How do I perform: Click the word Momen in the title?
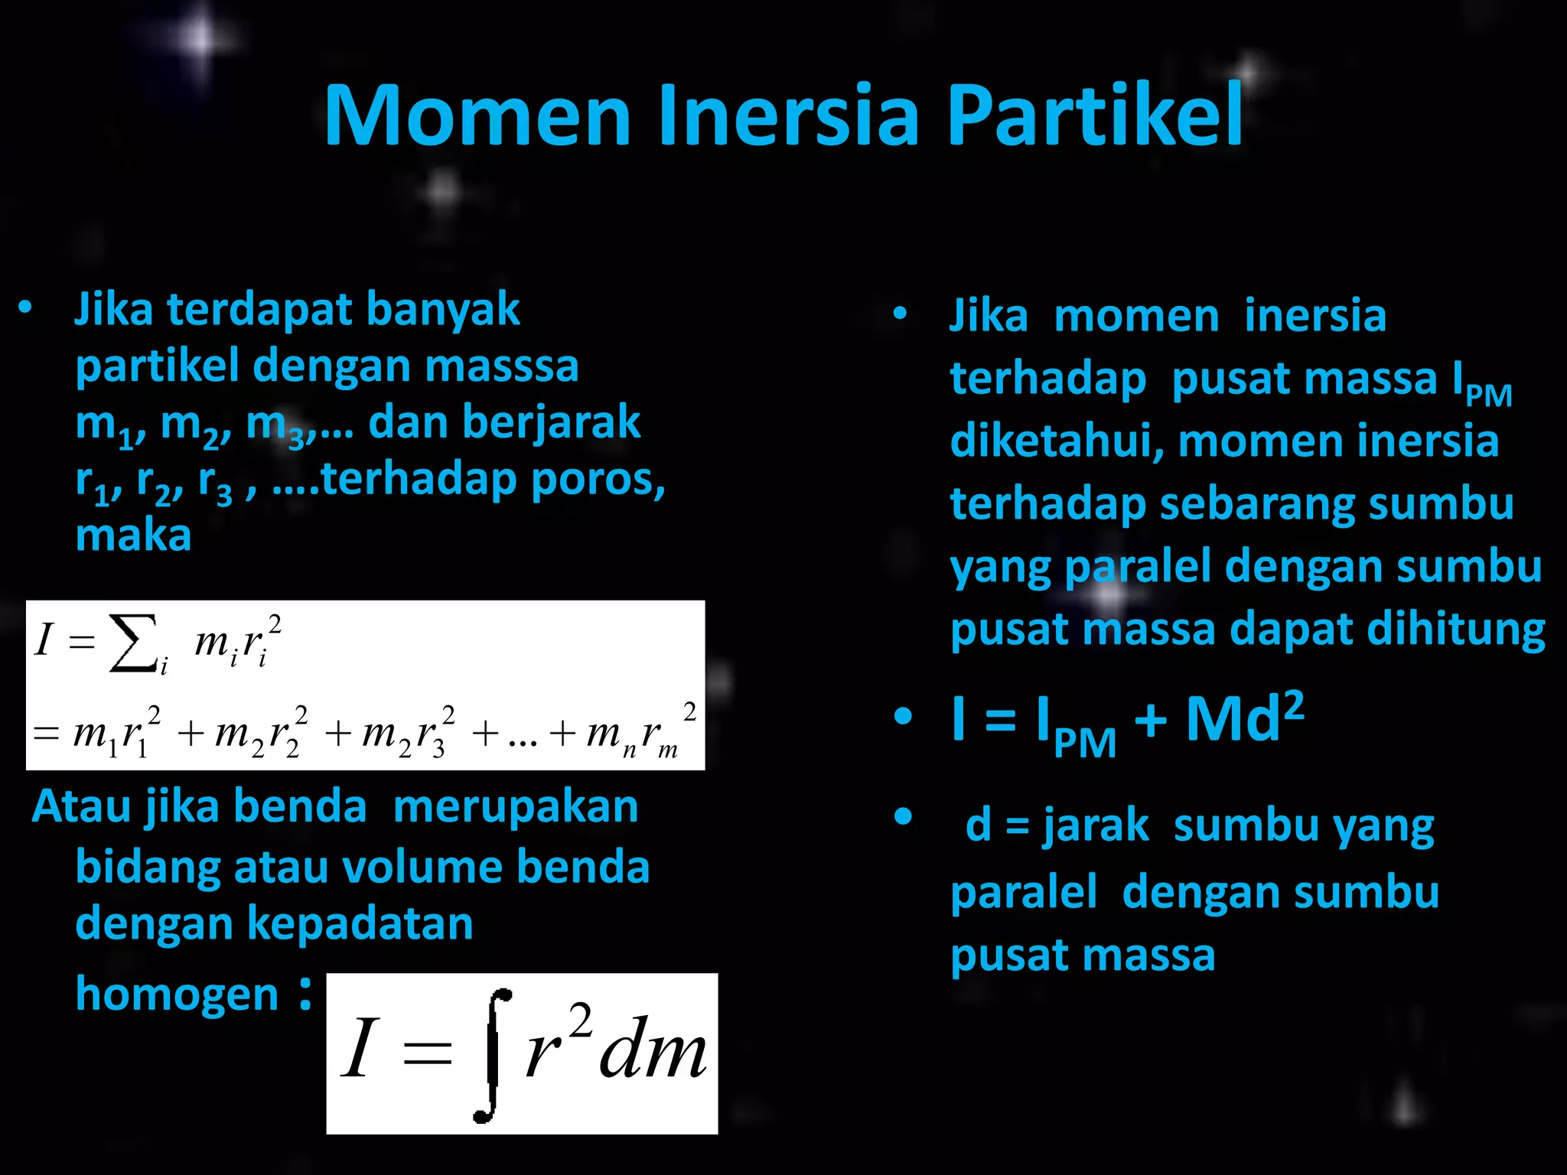pyautogui.click(x=477, y=116)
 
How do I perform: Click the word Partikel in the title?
pyautogui.click(x=1095, y=116)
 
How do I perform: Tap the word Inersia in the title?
pyautogui.click(x=787, y=116)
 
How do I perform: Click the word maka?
pyautogui.click(x=133, y=535)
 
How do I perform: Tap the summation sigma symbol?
pyautogui.click(x=134, y=643)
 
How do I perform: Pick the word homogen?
pyautogui.click(x=177, y=994)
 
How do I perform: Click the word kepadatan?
pyautogui.click(x=360, y=923)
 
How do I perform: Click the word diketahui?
pyautogui.click(x=1057, y=441)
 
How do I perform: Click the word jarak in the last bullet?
pyautogui.click(x=1096, y=826)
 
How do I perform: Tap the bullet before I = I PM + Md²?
pyautogui.click(x=903, y=717)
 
